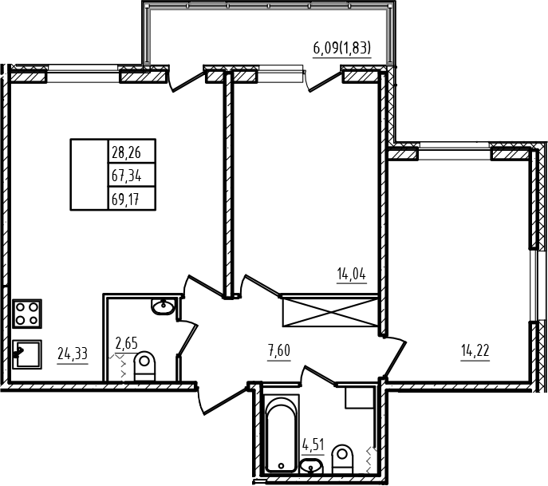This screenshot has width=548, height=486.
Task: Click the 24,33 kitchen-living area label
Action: (x=73, y=354)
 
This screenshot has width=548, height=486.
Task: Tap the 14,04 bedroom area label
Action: (x=352, y=274)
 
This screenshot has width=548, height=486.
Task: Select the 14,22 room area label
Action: (x=475, y=350)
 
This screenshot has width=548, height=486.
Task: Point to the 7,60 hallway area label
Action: (x=279, y=350)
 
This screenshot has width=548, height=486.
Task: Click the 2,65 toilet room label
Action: (x=126, y=343)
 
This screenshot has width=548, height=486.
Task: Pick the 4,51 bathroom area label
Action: (x=313, y=446)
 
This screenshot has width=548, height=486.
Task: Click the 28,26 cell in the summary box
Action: (x=132, y=151)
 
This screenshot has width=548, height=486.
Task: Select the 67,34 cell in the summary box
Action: (x=132, y=175)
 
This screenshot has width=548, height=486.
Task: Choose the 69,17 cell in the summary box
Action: (x=132, y=198)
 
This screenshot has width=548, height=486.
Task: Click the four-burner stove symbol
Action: (x=27, y=314)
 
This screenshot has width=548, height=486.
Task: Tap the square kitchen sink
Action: (x=27, y=354)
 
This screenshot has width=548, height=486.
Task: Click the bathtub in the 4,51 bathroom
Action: (x=282, y=433)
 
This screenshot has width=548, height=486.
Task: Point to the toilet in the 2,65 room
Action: (x=144, y=366)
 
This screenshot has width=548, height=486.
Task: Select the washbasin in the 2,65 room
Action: (x=163, y=307)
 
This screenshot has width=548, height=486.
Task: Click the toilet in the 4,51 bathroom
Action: (x=342, y=459)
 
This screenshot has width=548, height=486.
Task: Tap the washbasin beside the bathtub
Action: (x=312, y=466)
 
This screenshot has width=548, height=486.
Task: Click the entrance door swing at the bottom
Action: (x=221, y=398)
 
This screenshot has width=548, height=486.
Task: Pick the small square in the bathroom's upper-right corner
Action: (x=360, y=397)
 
